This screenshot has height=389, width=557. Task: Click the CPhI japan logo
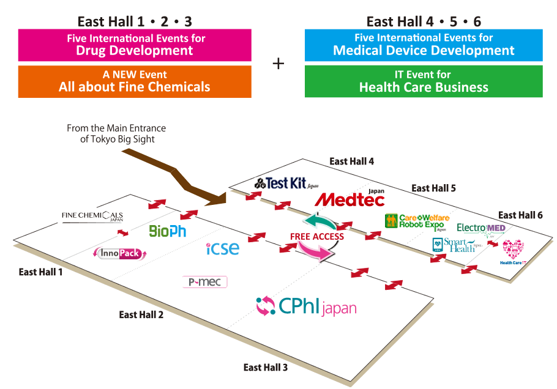(306, 306)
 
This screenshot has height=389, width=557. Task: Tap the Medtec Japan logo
(350, 199)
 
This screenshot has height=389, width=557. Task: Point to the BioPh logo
(167, 231)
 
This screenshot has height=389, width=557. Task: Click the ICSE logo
(222, 249)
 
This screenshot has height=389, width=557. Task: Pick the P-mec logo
(205, 282)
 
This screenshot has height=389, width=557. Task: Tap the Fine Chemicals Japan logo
(92, 217)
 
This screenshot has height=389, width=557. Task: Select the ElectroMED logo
(481, 229)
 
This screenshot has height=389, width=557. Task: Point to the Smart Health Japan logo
(458, 245)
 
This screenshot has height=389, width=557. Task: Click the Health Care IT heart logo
(512, 250)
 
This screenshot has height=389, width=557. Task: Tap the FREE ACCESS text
(317, 237)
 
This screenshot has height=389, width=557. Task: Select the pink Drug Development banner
(135, 45)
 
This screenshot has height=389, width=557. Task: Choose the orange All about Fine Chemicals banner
(135, 81)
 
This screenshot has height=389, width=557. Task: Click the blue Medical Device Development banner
(424, 45)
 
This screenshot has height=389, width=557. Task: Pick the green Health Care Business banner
(424, 81)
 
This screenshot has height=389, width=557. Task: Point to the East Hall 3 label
(266, 368)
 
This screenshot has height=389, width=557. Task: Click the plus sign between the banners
(278, 64)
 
